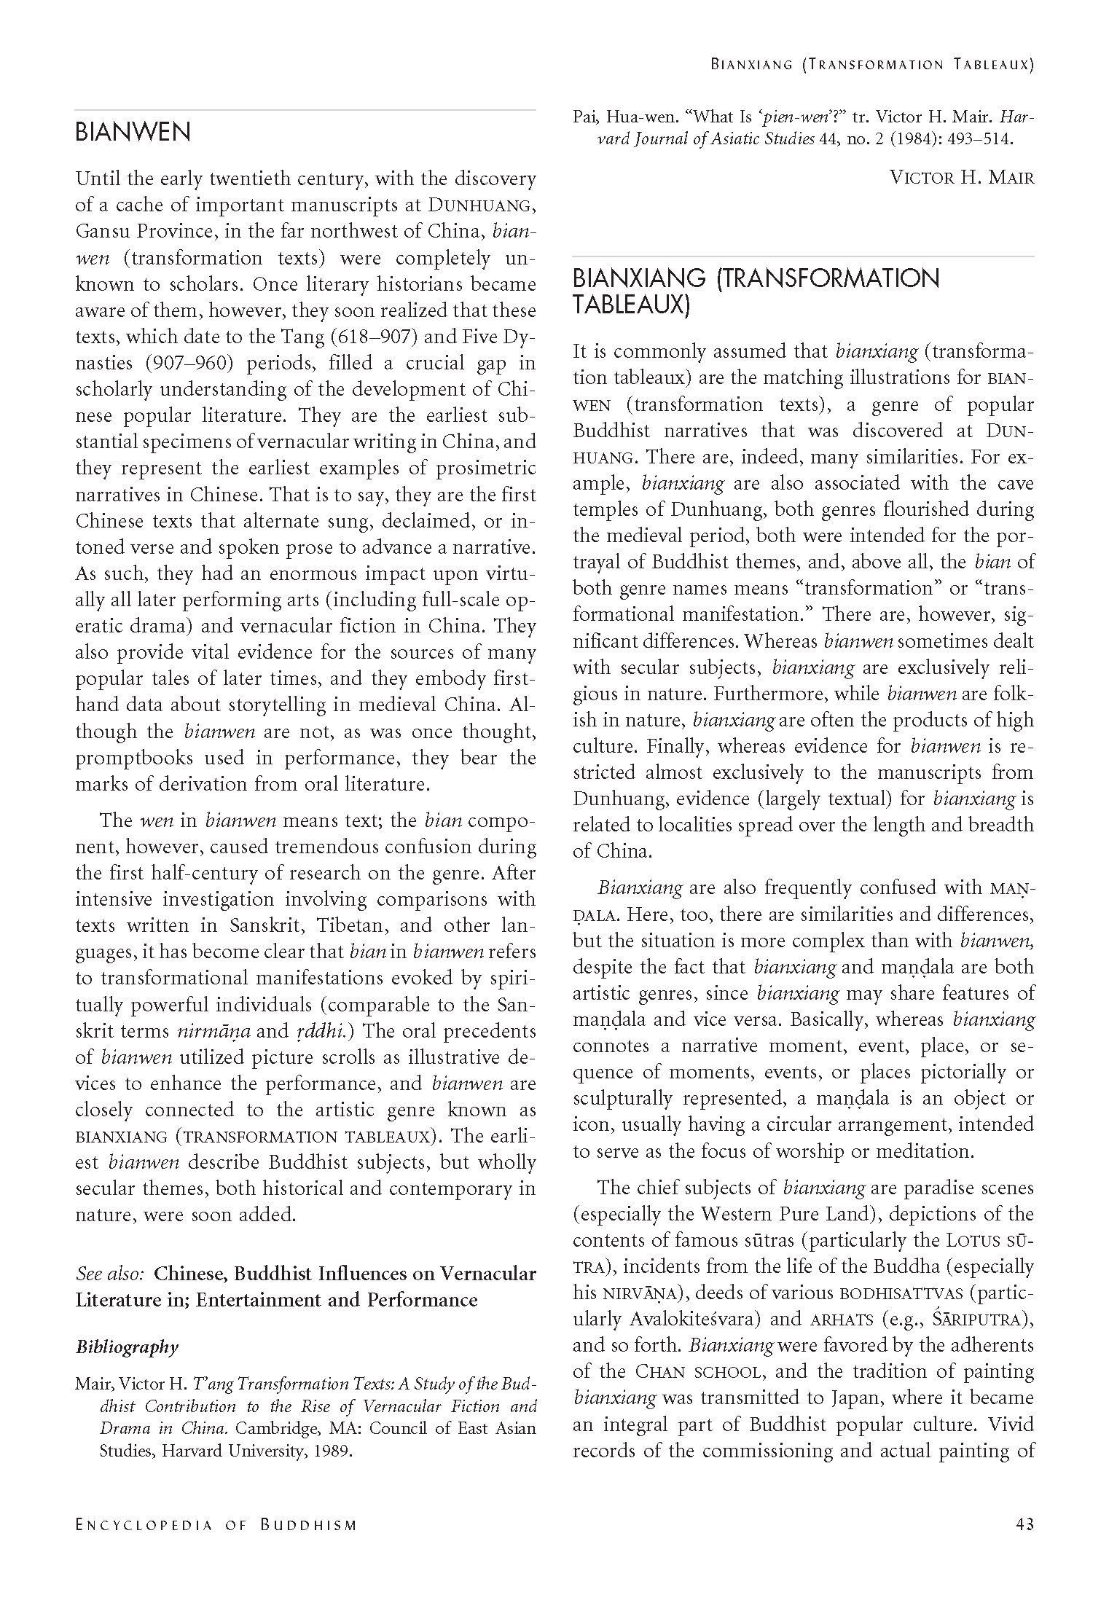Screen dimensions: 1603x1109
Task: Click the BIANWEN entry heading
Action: coord(133,133)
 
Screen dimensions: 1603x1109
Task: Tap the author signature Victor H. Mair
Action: coord(962,177)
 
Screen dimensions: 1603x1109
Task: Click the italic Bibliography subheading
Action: coord(127,1347)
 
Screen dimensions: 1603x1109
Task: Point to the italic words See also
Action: coord(110,1274)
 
